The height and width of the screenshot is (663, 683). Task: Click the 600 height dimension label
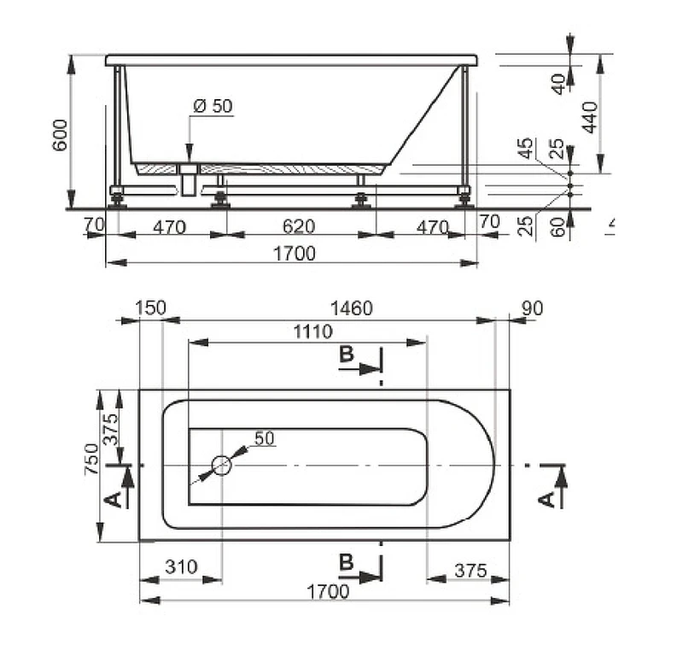point(60,135)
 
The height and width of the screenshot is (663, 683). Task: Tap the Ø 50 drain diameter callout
point(213,106)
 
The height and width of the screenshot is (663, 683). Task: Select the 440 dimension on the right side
point(590,117)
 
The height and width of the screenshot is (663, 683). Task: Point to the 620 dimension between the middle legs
point(298,226)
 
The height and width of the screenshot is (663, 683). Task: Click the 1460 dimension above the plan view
point(352,308)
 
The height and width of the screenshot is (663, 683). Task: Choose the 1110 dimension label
point(312,331)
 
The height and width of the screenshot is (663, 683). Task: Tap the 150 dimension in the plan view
point(150,308)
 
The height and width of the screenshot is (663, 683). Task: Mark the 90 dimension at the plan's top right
point(532,308)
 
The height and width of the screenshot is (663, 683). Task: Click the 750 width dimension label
point(92,459)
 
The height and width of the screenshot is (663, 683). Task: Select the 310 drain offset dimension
point(181,566)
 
